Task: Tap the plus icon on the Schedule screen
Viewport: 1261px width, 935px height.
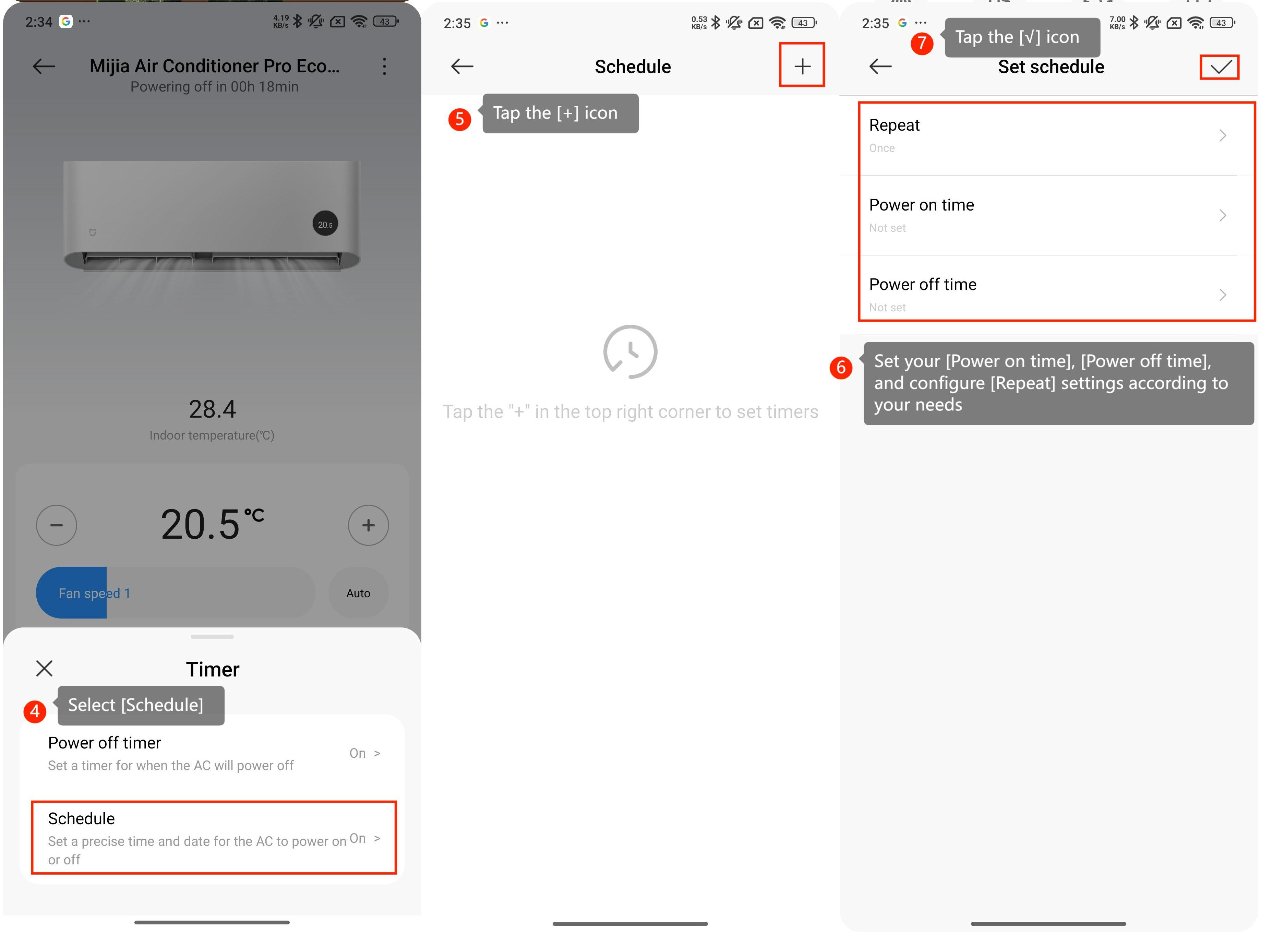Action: (x=802, y=66)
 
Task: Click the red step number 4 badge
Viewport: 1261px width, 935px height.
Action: (x=35, y=710)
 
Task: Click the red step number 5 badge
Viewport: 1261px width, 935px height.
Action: (x=459, y=119)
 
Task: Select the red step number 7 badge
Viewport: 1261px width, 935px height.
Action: (x=922, y=43)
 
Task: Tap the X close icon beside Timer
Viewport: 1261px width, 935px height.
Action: (x=44, y=669)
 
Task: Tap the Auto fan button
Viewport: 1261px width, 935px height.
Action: (x=358, y=592)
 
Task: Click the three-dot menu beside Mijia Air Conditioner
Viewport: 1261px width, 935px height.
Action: (x=384, y=66)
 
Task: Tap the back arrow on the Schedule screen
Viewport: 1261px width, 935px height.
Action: (x=462, y=66)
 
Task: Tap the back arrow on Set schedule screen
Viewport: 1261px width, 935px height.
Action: (x=880, y=66)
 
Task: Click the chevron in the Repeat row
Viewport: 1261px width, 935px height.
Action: (x=1223, y=135)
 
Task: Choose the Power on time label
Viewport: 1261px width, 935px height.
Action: (x=922, y=205)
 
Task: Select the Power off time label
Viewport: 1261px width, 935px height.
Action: (x=923, y=284)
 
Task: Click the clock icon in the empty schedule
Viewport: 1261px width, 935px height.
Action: (x=630, y=351)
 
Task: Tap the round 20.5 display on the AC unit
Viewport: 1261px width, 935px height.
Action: (x=325, y=224)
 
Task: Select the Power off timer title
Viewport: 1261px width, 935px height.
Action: (x=105, y=743)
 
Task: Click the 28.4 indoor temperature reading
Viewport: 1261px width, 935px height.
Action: (x=212, y=409)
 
